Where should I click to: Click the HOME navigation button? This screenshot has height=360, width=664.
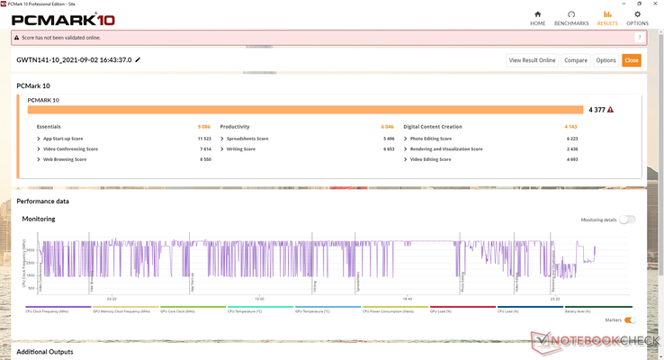coord(538,17)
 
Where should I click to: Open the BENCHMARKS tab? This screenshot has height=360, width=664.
coord(571,17)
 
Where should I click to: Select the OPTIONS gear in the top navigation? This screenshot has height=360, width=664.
coord(637,17)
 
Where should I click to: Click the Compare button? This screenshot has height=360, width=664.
coord(576,60)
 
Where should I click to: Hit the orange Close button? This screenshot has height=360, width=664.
coord(632,60)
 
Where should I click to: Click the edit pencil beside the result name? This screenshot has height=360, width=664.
coord(138,60)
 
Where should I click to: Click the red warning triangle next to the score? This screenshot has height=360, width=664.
coord(611,110)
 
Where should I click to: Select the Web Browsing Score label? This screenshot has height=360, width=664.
coord(64,159)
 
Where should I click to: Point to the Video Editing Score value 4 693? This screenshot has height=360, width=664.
coord(571,159)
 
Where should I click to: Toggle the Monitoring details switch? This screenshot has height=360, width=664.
coord(627,220)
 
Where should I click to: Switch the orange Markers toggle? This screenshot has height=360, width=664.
coord(630,320)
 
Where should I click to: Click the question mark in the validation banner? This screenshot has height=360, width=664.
coord(639,38)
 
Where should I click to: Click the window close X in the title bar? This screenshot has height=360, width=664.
coord(654,4)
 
